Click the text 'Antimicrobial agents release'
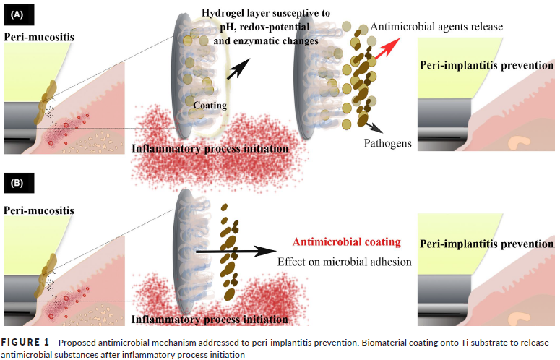point(436,27)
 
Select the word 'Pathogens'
point(388,143)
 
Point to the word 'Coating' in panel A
point(210,106)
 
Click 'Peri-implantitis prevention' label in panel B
point(486,244)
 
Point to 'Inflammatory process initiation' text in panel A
point(210,148)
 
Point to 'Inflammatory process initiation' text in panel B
point(210,318)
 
